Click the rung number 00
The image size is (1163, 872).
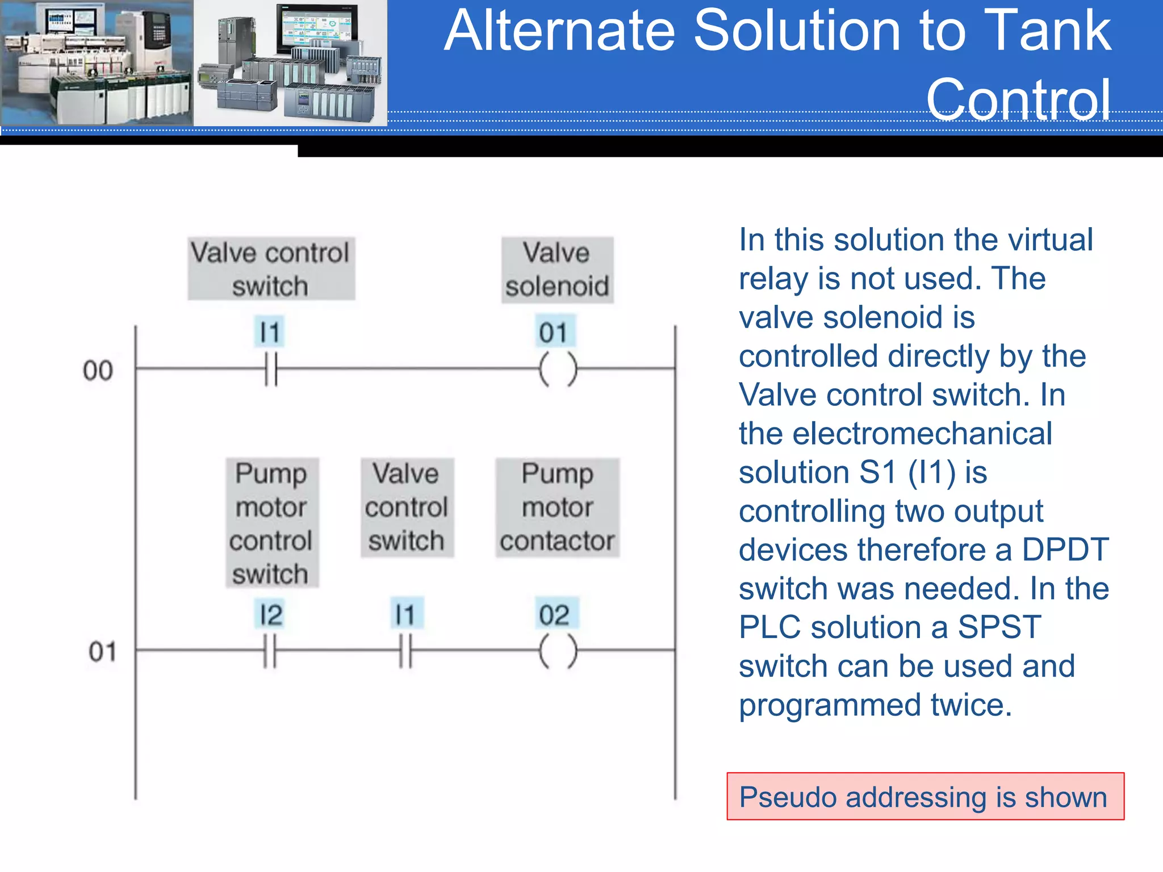click(98, 371)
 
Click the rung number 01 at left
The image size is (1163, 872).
click(102, 652)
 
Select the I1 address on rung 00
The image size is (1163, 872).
click(270, 332)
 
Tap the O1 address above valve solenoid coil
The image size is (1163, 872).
click(554, 332)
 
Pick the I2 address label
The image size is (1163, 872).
click(270, 615)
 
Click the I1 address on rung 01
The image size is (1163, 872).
click(405, 615)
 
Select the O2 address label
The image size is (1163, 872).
click(555, 615)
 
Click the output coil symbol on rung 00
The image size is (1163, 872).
click(558, 369)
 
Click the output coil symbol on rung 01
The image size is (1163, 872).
click(558, 651)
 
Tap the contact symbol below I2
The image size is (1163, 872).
click(270, 651)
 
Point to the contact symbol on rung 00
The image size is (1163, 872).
click(271, 369)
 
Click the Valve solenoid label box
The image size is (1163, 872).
click(557, 270)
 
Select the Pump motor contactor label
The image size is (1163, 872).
click(557, 507)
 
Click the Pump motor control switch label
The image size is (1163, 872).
click(271, 523)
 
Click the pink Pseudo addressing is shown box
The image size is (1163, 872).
click(925, 796)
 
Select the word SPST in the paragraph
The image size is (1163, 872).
click(999, 627)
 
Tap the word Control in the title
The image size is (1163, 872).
click(1018, 100)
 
